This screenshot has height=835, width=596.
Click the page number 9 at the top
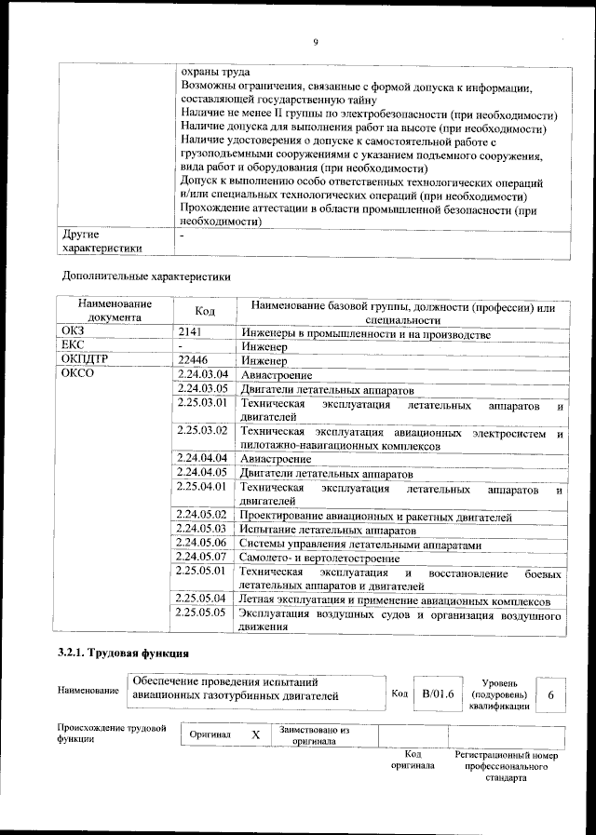point(315,42)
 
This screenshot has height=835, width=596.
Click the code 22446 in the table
point(193,359)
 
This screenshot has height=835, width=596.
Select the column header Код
point(205,310)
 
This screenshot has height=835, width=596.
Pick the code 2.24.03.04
point(202,374)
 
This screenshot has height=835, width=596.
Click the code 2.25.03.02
point(202,431)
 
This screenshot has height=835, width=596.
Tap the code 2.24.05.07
point(202,557)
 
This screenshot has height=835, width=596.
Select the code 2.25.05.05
point(202,613)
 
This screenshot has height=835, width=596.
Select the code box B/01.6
point(437,694)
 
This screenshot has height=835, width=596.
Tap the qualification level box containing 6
point(551,694)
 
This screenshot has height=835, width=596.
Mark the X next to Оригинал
point(255,734)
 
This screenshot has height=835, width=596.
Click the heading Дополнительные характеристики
point(146,276)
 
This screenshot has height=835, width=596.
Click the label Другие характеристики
point(102,241)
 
